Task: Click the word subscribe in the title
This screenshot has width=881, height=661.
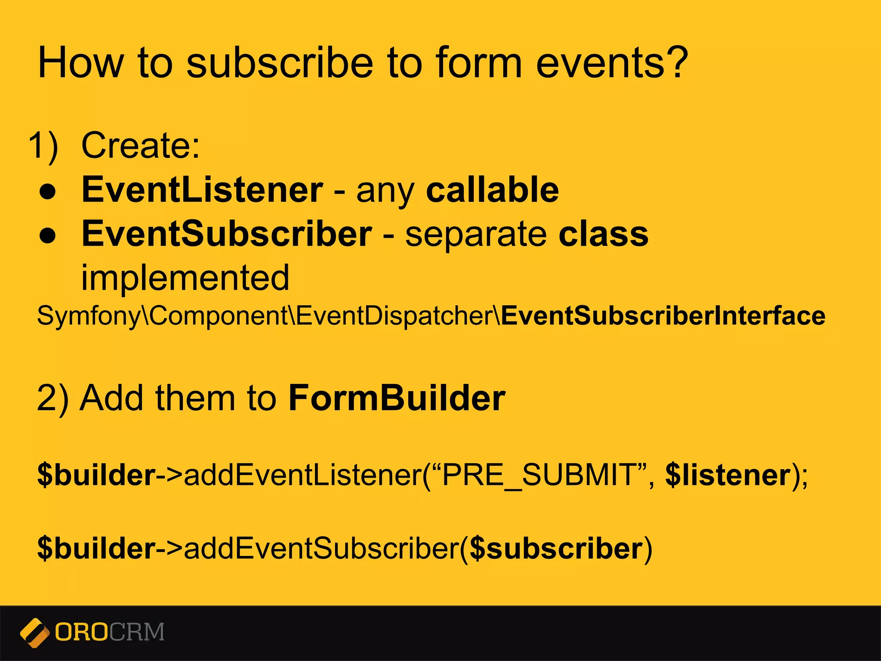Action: point(280,63)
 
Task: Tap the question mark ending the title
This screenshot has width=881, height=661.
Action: point(675,63)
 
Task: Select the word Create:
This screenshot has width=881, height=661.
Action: point(141,146)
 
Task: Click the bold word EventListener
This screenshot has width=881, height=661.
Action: point(202,190)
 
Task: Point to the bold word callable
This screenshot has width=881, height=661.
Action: point(492,190)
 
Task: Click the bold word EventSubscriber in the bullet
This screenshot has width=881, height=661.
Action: point(227,234)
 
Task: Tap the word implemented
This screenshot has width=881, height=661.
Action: point(185,278)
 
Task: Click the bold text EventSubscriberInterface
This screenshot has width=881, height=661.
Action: point(663,315)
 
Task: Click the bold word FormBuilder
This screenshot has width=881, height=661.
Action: point(396,398)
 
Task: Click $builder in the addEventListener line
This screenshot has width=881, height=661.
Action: point(96,475)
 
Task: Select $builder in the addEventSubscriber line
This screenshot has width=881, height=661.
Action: point(96,549)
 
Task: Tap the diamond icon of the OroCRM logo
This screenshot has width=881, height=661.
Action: point(34,633)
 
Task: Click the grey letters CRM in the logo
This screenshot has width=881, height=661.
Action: point(136,632)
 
